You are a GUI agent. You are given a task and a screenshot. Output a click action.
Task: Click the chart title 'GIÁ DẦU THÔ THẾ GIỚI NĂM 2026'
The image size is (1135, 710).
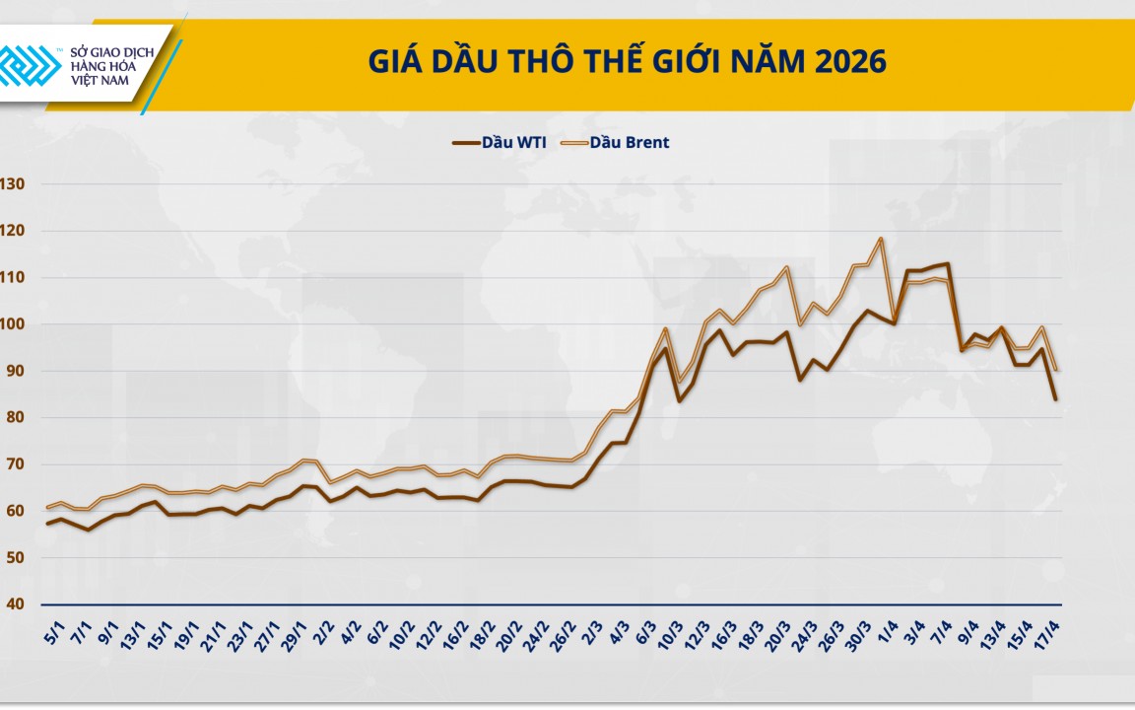coord(628,62)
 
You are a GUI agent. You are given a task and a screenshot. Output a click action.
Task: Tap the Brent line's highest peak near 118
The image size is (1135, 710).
coord(880,239)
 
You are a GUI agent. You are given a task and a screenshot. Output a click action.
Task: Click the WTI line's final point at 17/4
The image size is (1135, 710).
coord(1056,398)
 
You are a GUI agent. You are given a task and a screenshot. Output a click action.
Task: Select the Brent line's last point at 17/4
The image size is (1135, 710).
coord(1056,370)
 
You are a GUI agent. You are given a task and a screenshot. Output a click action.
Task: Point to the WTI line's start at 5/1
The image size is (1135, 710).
coord(47,523)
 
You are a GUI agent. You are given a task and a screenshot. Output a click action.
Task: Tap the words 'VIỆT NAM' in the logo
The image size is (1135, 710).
coord(100,81)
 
